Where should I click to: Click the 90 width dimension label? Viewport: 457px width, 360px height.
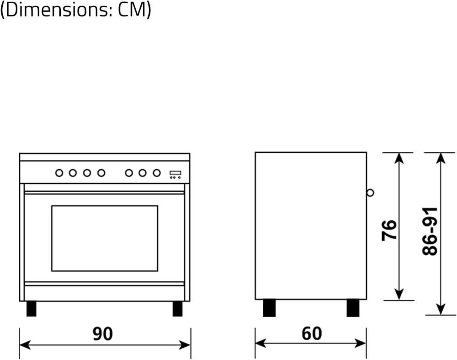[103, 334]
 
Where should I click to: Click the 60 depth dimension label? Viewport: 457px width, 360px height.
[312, 334]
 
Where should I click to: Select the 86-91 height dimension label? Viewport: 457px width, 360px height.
[430, 231]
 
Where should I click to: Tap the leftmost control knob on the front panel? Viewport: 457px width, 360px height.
[59, 173]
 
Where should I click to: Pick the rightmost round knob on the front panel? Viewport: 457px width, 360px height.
[157, 173]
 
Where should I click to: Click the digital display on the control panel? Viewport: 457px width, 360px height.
[175, 173]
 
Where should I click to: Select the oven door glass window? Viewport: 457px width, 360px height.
[105, 238]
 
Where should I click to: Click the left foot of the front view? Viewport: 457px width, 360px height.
[31, 308]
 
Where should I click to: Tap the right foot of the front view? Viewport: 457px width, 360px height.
[177, 308]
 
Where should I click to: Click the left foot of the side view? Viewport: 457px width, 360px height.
[269, 308]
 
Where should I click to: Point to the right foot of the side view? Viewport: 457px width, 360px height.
[353, 308]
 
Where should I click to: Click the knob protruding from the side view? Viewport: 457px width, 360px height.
[370, 193]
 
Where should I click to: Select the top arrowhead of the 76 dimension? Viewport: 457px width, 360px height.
[399, 158]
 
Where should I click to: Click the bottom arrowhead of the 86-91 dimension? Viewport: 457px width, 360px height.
[441, 310]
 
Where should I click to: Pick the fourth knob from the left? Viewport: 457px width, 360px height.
[101, 173]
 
